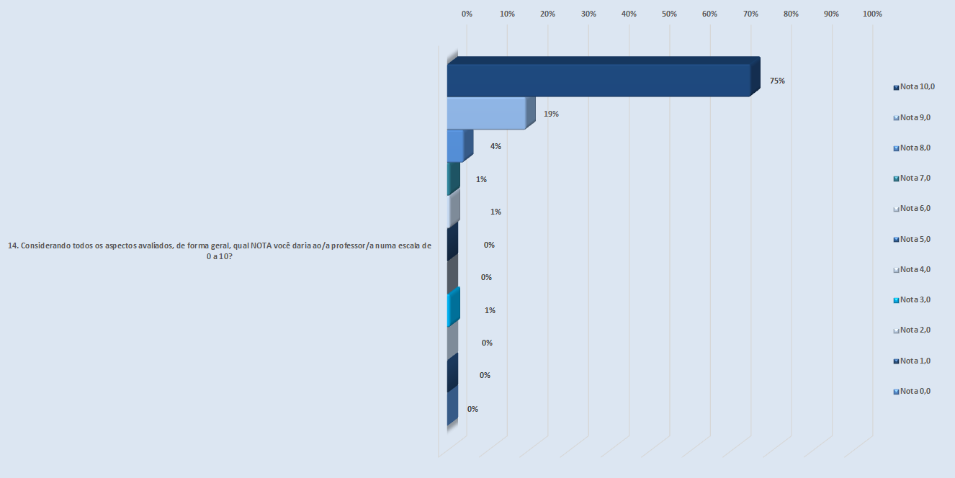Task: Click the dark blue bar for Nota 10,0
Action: pyautogui.click(x=598, y=80)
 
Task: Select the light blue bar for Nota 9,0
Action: pyautogui.click(x=486, y=113)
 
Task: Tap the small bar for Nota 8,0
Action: pyautogui.click(x=455, y=146)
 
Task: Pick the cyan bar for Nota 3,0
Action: pyautogui.click(x=453, y=309)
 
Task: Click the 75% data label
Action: pyautogui.click(x=777, y=81)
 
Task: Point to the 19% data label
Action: pyautogui.click(x=552, y=114)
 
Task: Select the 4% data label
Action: pyautogui.click(x=496, y=146)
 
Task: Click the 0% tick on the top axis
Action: pyautogui.click(x=467, y=14)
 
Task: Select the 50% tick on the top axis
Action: pyautogui.click(x=669, y=14)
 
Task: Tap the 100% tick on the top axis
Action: pyautogui.click(x=872, y=14)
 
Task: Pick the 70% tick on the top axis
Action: pyautogui.click(x=750, y=14)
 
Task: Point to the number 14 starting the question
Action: pyautogui.click(x=12, y=245)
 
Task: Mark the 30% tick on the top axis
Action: pyautogui.click(x=588, y=14)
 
